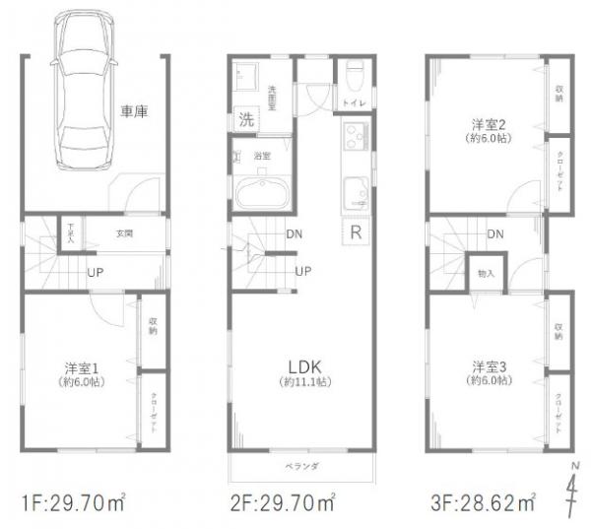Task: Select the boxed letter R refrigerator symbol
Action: tap(355, 233)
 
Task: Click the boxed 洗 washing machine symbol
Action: tap(245, 121)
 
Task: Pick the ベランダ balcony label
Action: tap(303, 465)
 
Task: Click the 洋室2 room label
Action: tap(487, 124)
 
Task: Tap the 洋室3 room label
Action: tap(488, 368)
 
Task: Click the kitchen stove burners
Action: tap(355, 134)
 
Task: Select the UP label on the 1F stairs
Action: tap(96, 271)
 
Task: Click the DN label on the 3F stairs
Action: tap(495, 234)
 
